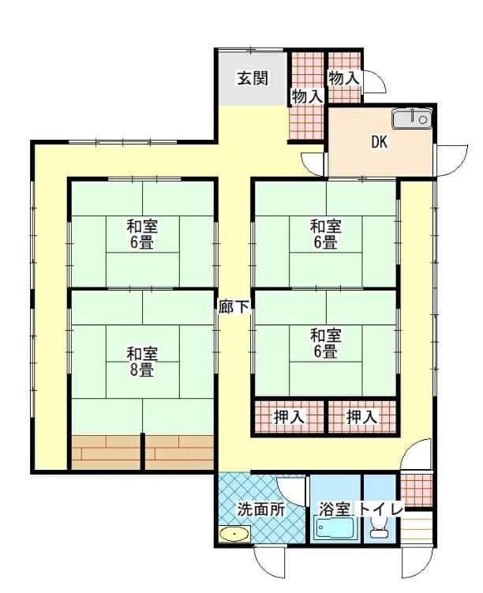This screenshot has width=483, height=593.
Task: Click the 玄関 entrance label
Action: click(x=253, y=78)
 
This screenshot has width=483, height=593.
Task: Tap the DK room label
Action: click(x=380, y=142)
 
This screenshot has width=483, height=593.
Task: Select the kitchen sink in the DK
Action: click(x=411, y=119)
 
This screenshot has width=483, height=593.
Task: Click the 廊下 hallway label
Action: click(x=234, y=307)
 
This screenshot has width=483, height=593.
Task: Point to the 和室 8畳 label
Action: click(x=142, y=362)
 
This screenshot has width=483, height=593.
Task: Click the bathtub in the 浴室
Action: click(x=335, y=530)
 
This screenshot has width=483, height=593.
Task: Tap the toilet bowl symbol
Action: click(x=379, y=528)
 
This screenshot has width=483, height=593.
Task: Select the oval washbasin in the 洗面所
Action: click(x=234, y=535)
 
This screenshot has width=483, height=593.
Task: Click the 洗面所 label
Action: click(x=261, y=510)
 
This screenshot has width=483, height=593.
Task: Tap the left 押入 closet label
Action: click(x=289, y=417)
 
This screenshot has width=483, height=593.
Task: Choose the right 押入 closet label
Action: click(x=361, y=417)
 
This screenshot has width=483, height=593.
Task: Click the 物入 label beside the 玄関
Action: click(x=306, y=97)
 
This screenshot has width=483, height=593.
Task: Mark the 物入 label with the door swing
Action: click(x=343, y=79)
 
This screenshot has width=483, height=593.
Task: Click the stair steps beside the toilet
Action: click(x=417, y=528)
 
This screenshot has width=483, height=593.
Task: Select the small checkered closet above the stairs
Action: click(x=416, y=490)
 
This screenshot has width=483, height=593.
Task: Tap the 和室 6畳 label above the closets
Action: click(x=326, y=343)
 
